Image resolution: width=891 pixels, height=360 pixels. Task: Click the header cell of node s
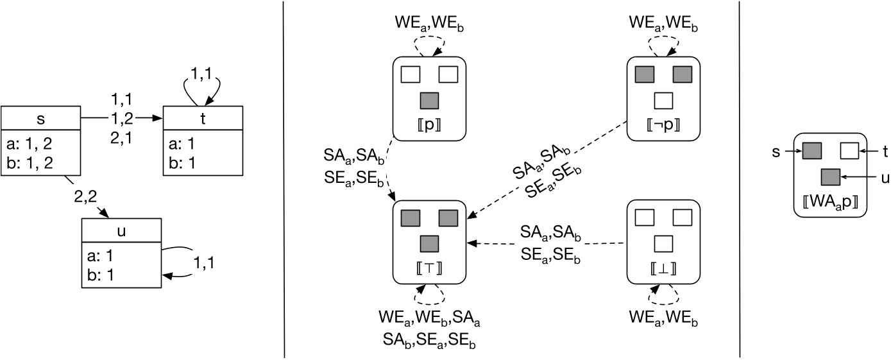coord(40,118)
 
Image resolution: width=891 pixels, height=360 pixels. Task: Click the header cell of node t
coord(203,118)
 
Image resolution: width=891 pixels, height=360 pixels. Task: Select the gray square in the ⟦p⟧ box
coord(429,101)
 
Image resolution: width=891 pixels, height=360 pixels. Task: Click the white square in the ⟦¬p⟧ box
coord(663,101)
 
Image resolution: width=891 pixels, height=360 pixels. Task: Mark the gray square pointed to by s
coord(811,151)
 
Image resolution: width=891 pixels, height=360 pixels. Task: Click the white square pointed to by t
coord(849,151)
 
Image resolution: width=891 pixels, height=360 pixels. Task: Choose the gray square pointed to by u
coord(831,175)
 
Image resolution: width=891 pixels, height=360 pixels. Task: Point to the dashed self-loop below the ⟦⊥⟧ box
coord(663,294)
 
